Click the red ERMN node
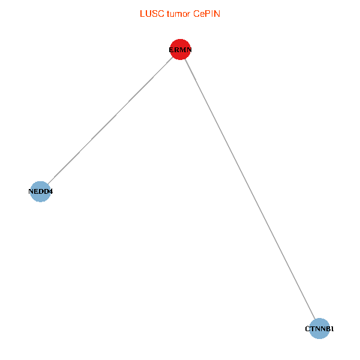pyautogui.click(x=181, y=50)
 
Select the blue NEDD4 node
pyautogui.click(x=40, y=192)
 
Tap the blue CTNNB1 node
pyautogui.click(x=320, y=329)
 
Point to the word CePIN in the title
pyautogui.click(x=207, y=13)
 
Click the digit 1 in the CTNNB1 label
pyautogui.click(x=332, y=329)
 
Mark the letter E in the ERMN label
pyautogui.click(x=172, y=50)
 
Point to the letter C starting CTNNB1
pyautogui.click(x=307, y=329)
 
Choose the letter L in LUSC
pyautogui.click(x=142, y=13)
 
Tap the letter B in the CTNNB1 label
pyautogui.click(x=328, y=329)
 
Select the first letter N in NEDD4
pyautogui.click(x=31, y=192)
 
